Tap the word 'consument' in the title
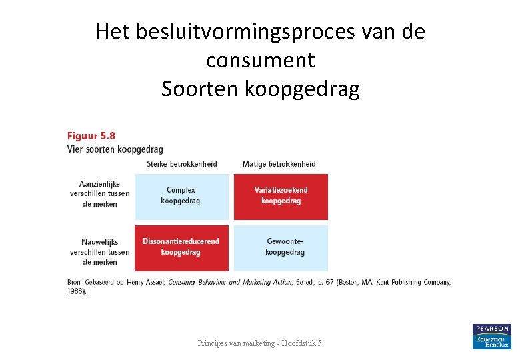click(260, 60)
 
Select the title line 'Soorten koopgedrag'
click(260, 89)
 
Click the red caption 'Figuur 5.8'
click(91, 136)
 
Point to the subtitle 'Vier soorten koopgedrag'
click(115, 149)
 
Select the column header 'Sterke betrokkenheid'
click(181, 164)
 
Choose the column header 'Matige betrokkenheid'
click(279, 164)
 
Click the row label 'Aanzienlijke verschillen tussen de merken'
click(99, 194)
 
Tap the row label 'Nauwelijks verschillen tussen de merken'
click(99, 251)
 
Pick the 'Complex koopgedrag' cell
click(181, 196)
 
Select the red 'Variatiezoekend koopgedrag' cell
click(281, 196)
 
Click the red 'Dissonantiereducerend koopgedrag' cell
click(181, 247)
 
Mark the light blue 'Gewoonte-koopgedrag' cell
click(281, 247)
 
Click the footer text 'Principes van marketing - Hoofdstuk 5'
click(260, 343)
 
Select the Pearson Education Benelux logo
click(491, 337)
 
